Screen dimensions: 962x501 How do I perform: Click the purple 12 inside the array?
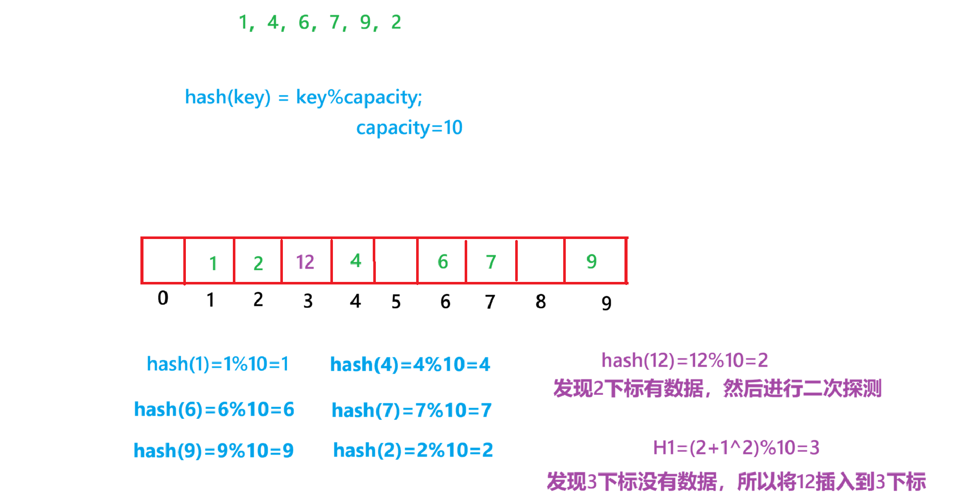305,262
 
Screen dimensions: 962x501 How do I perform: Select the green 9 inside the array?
591,261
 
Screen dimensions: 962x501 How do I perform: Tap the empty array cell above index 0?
163,261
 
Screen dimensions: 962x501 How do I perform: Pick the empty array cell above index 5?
396,261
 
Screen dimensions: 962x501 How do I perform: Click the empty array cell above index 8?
540,261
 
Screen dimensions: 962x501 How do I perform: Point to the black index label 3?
307,301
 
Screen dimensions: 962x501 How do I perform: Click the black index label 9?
606,303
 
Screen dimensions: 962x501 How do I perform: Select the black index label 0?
163,298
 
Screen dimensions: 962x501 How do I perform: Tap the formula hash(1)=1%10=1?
218,364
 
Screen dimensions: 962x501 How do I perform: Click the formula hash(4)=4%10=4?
410,365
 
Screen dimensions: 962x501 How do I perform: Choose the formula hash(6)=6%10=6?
214,410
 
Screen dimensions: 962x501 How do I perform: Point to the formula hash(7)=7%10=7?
412,410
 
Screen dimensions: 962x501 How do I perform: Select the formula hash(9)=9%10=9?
213,450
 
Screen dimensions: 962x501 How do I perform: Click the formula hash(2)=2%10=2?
413,450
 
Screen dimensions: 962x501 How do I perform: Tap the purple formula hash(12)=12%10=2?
684,361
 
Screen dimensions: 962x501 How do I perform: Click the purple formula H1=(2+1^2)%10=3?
736,448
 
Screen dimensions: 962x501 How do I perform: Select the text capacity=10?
409,128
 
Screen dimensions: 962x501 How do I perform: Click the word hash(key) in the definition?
228,97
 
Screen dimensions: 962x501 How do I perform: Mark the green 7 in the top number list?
334,22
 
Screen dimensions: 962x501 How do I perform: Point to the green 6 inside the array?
443,262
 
